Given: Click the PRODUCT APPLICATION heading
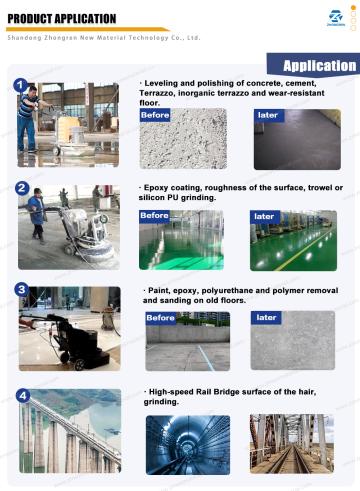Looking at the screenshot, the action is click(62, 19).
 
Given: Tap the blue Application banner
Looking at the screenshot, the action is click(313, 65).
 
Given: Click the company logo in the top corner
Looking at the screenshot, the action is click(336, 18).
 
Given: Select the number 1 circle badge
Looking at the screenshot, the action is click(21, 85).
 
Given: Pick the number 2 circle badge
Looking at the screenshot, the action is click(22, 188).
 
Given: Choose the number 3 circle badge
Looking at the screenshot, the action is click(22, 290).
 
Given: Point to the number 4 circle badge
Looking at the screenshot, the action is click(23, 396).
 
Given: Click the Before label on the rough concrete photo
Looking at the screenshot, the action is click(155, 115).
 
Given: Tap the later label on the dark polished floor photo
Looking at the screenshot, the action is click(269, 115).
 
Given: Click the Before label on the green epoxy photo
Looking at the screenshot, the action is click(154, 216).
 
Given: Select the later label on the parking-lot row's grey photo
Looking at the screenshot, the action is click(266, 318).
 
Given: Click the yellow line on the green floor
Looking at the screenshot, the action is click(304, 249).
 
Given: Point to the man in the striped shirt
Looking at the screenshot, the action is click(28, 119).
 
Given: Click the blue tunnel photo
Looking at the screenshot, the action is click(188, 445).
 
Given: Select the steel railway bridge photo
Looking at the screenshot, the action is click(292, 444).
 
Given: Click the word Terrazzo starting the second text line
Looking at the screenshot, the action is click(156, 93).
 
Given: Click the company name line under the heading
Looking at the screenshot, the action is click(104, 38).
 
